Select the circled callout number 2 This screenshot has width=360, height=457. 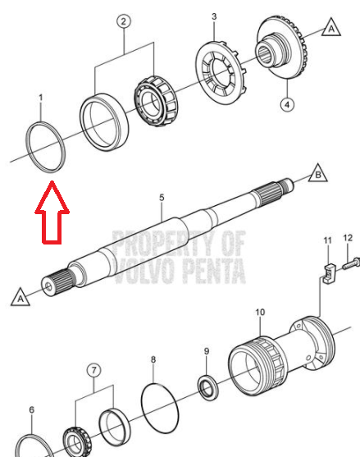(x=124, y=21)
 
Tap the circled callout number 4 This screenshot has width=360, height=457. (x=287, y=104)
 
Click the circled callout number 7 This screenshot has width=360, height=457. (x=93, y=370)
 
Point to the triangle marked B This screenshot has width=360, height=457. (x=317, y=173)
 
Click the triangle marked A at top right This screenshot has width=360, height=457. (x=331, y=27)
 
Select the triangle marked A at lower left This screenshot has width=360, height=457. (x=21, y=297)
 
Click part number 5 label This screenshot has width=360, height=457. (x=162, y=198)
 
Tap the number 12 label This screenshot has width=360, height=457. (x=348, y=238)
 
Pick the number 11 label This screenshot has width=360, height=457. (x=328, y=240)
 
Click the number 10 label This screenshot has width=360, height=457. (x=260, y=312)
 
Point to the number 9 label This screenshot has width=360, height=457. (x=207, y=351)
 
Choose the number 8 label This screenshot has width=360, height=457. (x=153, y=359)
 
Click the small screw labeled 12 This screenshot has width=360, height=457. (x=351, y=263)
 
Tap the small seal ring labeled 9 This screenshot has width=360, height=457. (x=208, y=387)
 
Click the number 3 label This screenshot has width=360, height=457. (x=214, y=16)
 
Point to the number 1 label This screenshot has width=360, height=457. (x=41, y=98)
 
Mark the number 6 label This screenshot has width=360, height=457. (x=32, y=409)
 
